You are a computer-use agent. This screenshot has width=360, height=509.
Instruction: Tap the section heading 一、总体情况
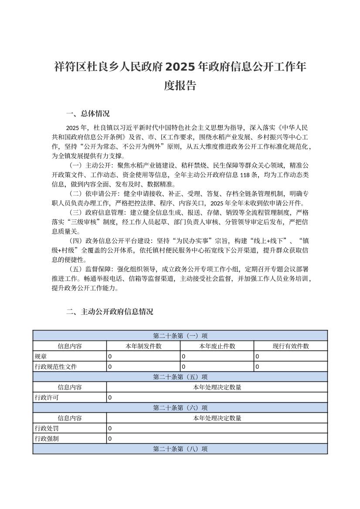[x=88, y=114]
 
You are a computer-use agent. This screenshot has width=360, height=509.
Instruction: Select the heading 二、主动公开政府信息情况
[x=109, y=312]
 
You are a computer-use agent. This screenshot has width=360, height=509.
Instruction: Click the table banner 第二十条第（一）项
[x=180, y=336]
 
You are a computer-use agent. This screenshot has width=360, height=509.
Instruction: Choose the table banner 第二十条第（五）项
[x=180, y=377]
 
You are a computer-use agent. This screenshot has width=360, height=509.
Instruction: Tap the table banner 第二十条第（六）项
[x=180, y=408]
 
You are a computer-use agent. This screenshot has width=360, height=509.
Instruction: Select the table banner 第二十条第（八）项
[x=180, y=448]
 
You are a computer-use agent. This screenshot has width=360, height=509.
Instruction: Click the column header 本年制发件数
[x=143, y=346]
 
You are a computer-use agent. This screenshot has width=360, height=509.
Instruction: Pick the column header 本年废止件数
[x=217, y=346]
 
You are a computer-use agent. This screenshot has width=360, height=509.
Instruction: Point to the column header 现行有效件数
[x=291, y=346]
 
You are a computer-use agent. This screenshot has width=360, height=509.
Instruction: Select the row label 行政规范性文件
[x=56, y=367]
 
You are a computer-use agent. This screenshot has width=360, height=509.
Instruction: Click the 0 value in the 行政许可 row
[x=110, y=397]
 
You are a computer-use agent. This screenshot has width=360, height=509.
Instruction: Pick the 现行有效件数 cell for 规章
[x=257, y=356]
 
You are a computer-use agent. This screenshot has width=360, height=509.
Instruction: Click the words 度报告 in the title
[x=180, y=86]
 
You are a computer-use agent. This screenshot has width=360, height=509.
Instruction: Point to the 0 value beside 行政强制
[x=110, y=438]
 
